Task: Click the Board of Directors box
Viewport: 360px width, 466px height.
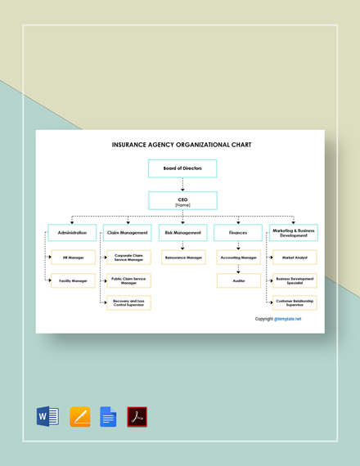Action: click(x=182, y=168)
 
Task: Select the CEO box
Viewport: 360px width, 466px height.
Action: click(x=182, y=200)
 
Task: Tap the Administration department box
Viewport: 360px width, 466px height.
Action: click(x=71, y=232)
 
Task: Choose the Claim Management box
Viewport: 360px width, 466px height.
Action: click(x=128, y=232)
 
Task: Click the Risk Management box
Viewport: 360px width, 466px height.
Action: click(x=182, y=232)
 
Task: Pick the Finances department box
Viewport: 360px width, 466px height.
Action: click(x=237, y=232)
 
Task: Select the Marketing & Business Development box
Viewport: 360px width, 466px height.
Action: click(x=294, y=232)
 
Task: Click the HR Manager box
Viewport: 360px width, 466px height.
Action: click(x=74, y=258)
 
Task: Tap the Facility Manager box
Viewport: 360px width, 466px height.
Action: click(x=74, y=280)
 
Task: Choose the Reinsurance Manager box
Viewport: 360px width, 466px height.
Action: click(x=183, y=258)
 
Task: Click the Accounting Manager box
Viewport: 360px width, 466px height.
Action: click(x=239, y=258)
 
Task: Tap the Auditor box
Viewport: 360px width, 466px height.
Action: click(x=239, y=280)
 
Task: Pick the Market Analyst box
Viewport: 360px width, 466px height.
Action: click(x=295, y=258)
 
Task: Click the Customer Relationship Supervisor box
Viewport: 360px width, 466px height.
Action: click(x=295, y=302)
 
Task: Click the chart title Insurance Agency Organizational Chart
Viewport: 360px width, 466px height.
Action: click(x=182, y=145)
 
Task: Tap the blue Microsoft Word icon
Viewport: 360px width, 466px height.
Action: click(x=48, y=416)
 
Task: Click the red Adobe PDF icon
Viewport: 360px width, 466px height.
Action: click(x=137, y=416)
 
